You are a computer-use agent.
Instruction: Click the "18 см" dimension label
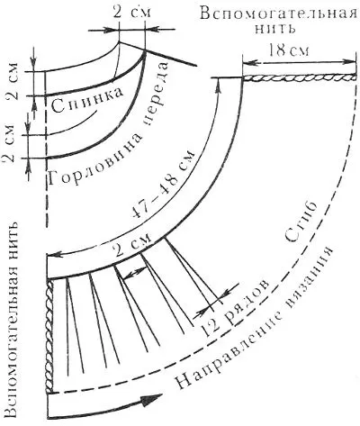pos(288,50)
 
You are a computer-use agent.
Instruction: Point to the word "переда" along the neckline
pos(156,94)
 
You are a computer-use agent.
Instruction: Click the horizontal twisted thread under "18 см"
pos(299,77)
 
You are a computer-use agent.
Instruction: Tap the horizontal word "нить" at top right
pos(274,29)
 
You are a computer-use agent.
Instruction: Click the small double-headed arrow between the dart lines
pos(135,273)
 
